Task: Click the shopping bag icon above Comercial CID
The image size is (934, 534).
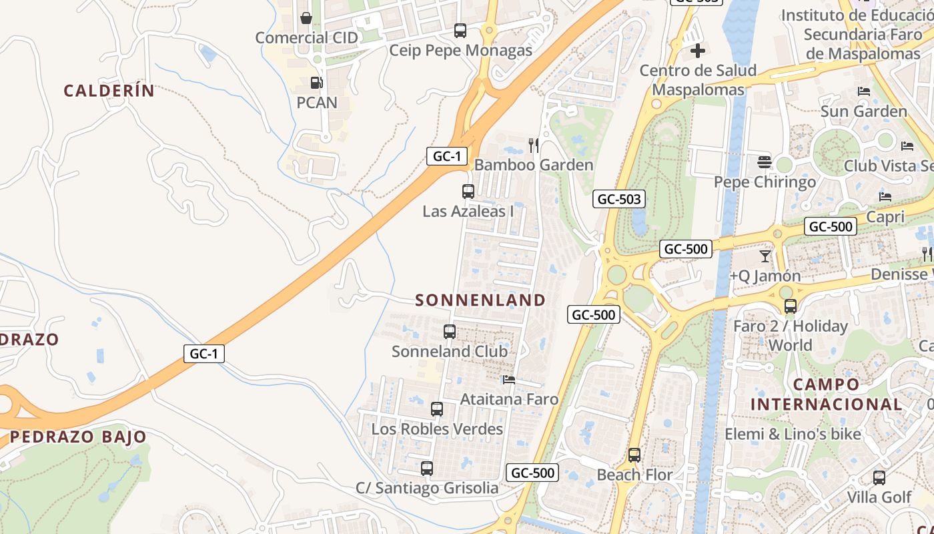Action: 306,18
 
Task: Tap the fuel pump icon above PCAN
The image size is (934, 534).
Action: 316,83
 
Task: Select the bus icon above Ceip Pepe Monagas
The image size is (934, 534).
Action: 460,30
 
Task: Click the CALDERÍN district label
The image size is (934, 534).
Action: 109,91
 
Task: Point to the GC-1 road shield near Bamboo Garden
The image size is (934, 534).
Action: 446,156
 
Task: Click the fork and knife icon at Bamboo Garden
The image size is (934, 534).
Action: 533,145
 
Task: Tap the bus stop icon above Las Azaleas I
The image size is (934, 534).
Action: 468,192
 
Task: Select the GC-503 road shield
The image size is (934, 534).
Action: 619,198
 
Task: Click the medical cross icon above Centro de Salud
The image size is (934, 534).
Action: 698,50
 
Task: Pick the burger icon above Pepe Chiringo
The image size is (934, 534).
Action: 765,162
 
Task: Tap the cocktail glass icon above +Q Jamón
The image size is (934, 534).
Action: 765,256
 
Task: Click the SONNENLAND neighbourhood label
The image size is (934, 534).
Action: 480,300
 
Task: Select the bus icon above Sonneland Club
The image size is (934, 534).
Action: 450,331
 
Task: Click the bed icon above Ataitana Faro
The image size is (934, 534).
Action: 509,380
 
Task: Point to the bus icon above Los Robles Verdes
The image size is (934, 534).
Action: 437,409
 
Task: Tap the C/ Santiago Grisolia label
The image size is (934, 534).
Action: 427,488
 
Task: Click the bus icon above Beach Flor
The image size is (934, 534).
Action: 634,455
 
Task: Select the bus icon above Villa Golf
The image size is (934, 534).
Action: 879,478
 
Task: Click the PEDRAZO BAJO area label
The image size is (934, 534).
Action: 78,437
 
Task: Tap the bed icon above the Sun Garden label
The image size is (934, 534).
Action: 864,91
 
